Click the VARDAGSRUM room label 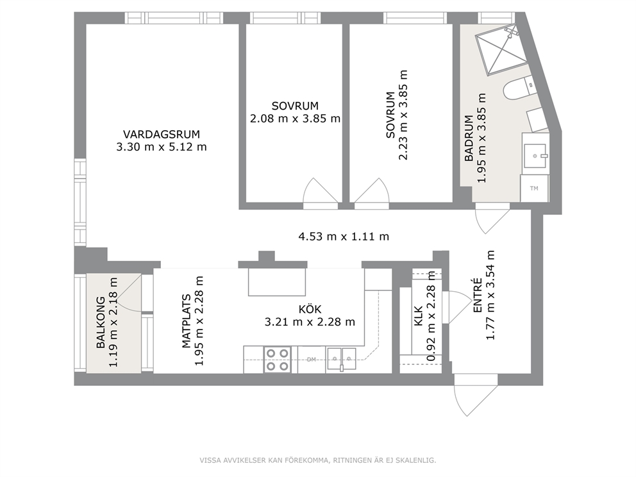pos(162,134)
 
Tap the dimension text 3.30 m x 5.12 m pos(162,147)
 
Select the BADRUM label pos(469,138)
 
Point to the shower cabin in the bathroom pos(501,50)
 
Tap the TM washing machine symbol pos(534,188)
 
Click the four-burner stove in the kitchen pos(278,360)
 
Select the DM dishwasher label pos(311,360)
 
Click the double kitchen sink pos(342,358)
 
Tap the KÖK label pos(310,309)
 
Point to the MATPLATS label pos(186,321)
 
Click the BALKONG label pos(101,323)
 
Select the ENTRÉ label pos(478,296)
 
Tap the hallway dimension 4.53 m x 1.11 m pos(344,236)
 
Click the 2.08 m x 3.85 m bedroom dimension pos(295,119)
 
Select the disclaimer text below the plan pos(317,460)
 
